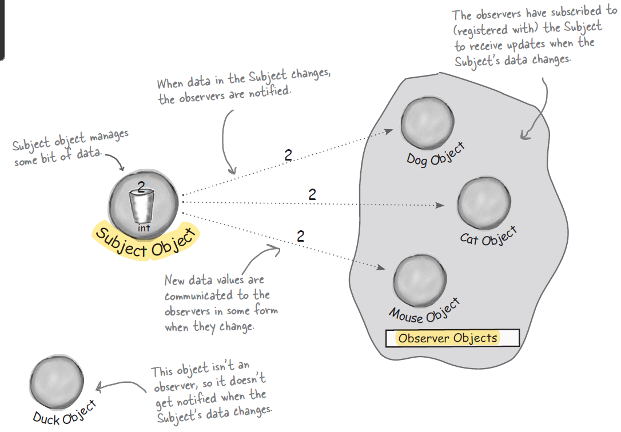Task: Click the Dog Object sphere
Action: [428, 123]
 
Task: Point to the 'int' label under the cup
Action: [143, 229]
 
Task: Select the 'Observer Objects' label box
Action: [452, 338]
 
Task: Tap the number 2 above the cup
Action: [142, 185]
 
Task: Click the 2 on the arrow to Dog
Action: [288, 155]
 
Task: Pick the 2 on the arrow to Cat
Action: [312, 194]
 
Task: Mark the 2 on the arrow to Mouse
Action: [301, 235]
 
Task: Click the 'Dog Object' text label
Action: [436, 154]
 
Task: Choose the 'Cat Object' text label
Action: [489, 236]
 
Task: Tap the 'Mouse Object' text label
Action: [425, 310]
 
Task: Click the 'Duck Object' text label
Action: [64, 413]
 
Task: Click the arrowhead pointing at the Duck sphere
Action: [98, 387]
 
